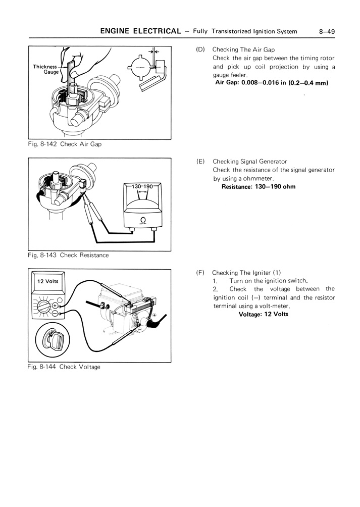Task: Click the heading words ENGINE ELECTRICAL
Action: pos(140,31)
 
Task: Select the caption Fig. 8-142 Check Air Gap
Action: pos(65,144)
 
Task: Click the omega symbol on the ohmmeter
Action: pos(142,220)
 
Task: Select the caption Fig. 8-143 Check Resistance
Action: pos(68,255)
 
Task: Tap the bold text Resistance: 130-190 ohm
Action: pos(259,187)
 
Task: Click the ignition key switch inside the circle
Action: pos(53,341)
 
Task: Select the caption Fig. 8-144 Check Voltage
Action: pos(64,367)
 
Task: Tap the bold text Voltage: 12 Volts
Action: pos(263,314)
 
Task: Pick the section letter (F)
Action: pos(200,272)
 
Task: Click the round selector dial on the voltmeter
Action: pos(43,307)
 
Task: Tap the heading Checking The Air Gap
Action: pos(243,49)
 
